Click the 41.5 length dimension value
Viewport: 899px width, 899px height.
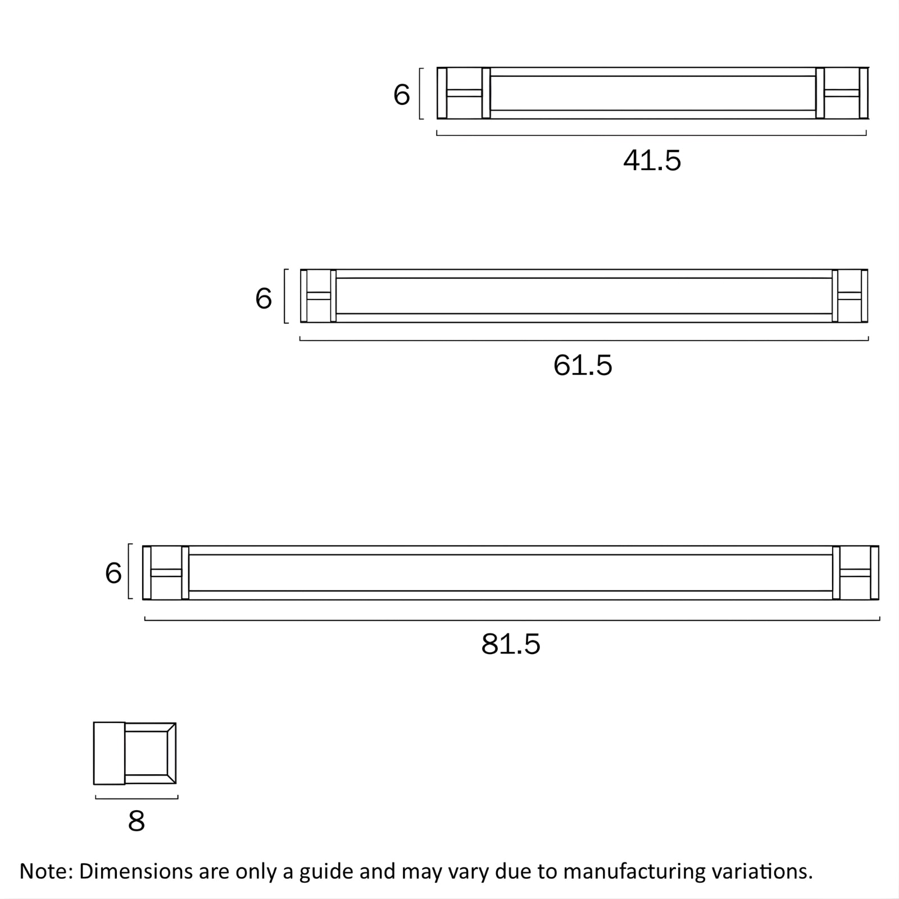click(x=652, y=161)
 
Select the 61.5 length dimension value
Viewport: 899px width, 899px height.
click(x=583, y=365)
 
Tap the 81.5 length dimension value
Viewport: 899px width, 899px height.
click(x=510, y=644)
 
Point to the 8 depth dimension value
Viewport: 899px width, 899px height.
click(x=136, y=821)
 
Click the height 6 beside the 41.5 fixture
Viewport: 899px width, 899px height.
click(x=401, y=94)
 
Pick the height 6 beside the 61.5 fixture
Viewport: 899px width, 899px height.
click(x=264, y=298)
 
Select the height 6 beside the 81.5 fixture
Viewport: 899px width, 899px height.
click(x=113, y=574)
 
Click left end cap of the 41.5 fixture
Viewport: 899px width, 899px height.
click(x=464, y=93)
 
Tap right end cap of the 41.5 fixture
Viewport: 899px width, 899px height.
click(x=842, y=93)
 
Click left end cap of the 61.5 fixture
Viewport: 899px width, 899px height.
click(x=318, y=296)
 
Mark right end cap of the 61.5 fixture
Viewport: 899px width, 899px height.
click(x=850, y=296)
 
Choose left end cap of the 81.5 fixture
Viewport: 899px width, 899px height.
click(x=166, y=573)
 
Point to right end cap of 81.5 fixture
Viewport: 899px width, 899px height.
click(x=855, y=573)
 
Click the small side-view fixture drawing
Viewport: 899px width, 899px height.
click(x=135, y=753)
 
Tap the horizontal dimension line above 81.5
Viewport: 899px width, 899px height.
click(x=512, y=620)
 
